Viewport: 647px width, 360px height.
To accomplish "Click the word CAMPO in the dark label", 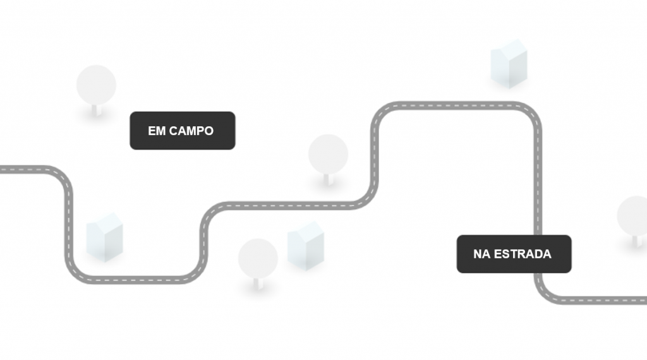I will [x=191, y=131].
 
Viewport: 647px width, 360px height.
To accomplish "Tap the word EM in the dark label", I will [x=157, y=131].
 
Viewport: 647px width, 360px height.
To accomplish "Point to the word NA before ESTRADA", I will [x=481, y=255].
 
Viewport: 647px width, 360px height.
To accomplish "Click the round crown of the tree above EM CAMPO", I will [x=96, y=84].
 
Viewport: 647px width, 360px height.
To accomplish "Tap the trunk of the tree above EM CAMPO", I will [x=96, y=110].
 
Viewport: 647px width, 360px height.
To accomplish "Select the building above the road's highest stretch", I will [x=509, y=64].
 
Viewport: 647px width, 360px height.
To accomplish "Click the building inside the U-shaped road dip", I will [x=104, y=238].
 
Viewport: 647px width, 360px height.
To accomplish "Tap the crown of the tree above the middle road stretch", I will [x=328, y=153].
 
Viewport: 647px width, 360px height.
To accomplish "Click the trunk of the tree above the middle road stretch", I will [x=327, y=179].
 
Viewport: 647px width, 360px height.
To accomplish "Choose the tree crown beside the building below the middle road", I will [x=258, y=257].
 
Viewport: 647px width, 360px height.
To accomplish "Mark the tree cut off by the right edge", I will [x=634, y=215].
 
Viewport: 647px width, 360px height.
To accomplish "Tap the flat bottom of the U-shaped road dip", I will [x=133, y=279].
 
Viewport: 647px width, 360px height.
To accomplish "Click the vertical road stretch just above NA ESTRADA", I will [x=538, y=189].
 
